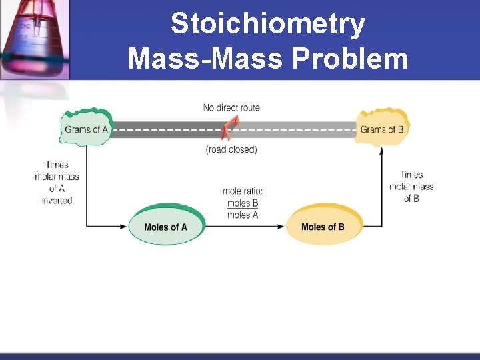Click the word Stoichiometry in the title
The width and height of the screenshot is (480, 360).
point(267,25)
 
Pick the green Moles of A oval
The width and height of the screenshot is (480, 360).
point(165,227)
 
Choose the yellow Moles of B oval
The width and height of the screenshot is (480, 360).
point(323,227)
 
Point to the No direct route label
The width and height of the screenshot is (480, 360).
point(231,107)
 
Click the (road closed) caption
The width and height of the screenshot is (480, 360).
point(231,149)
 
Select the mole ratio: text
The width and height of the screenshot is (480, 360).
point(243,191)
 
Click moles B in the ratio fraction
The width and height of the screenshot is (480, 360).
point(243,203)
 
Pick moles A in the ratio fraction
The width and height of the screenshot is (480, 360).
point(243,215)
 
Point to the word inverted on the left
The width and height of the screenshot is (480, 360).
point(57,200)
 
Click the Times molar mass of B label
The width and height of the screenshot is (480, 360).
point(411,186)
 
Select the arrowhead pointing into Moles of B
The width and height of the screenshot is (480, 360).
point(281,227)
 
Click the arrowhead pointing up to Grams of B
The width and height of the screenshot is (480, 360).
point(382,151)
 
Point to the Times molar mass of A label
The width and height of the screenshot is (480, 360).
point(57,177)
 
